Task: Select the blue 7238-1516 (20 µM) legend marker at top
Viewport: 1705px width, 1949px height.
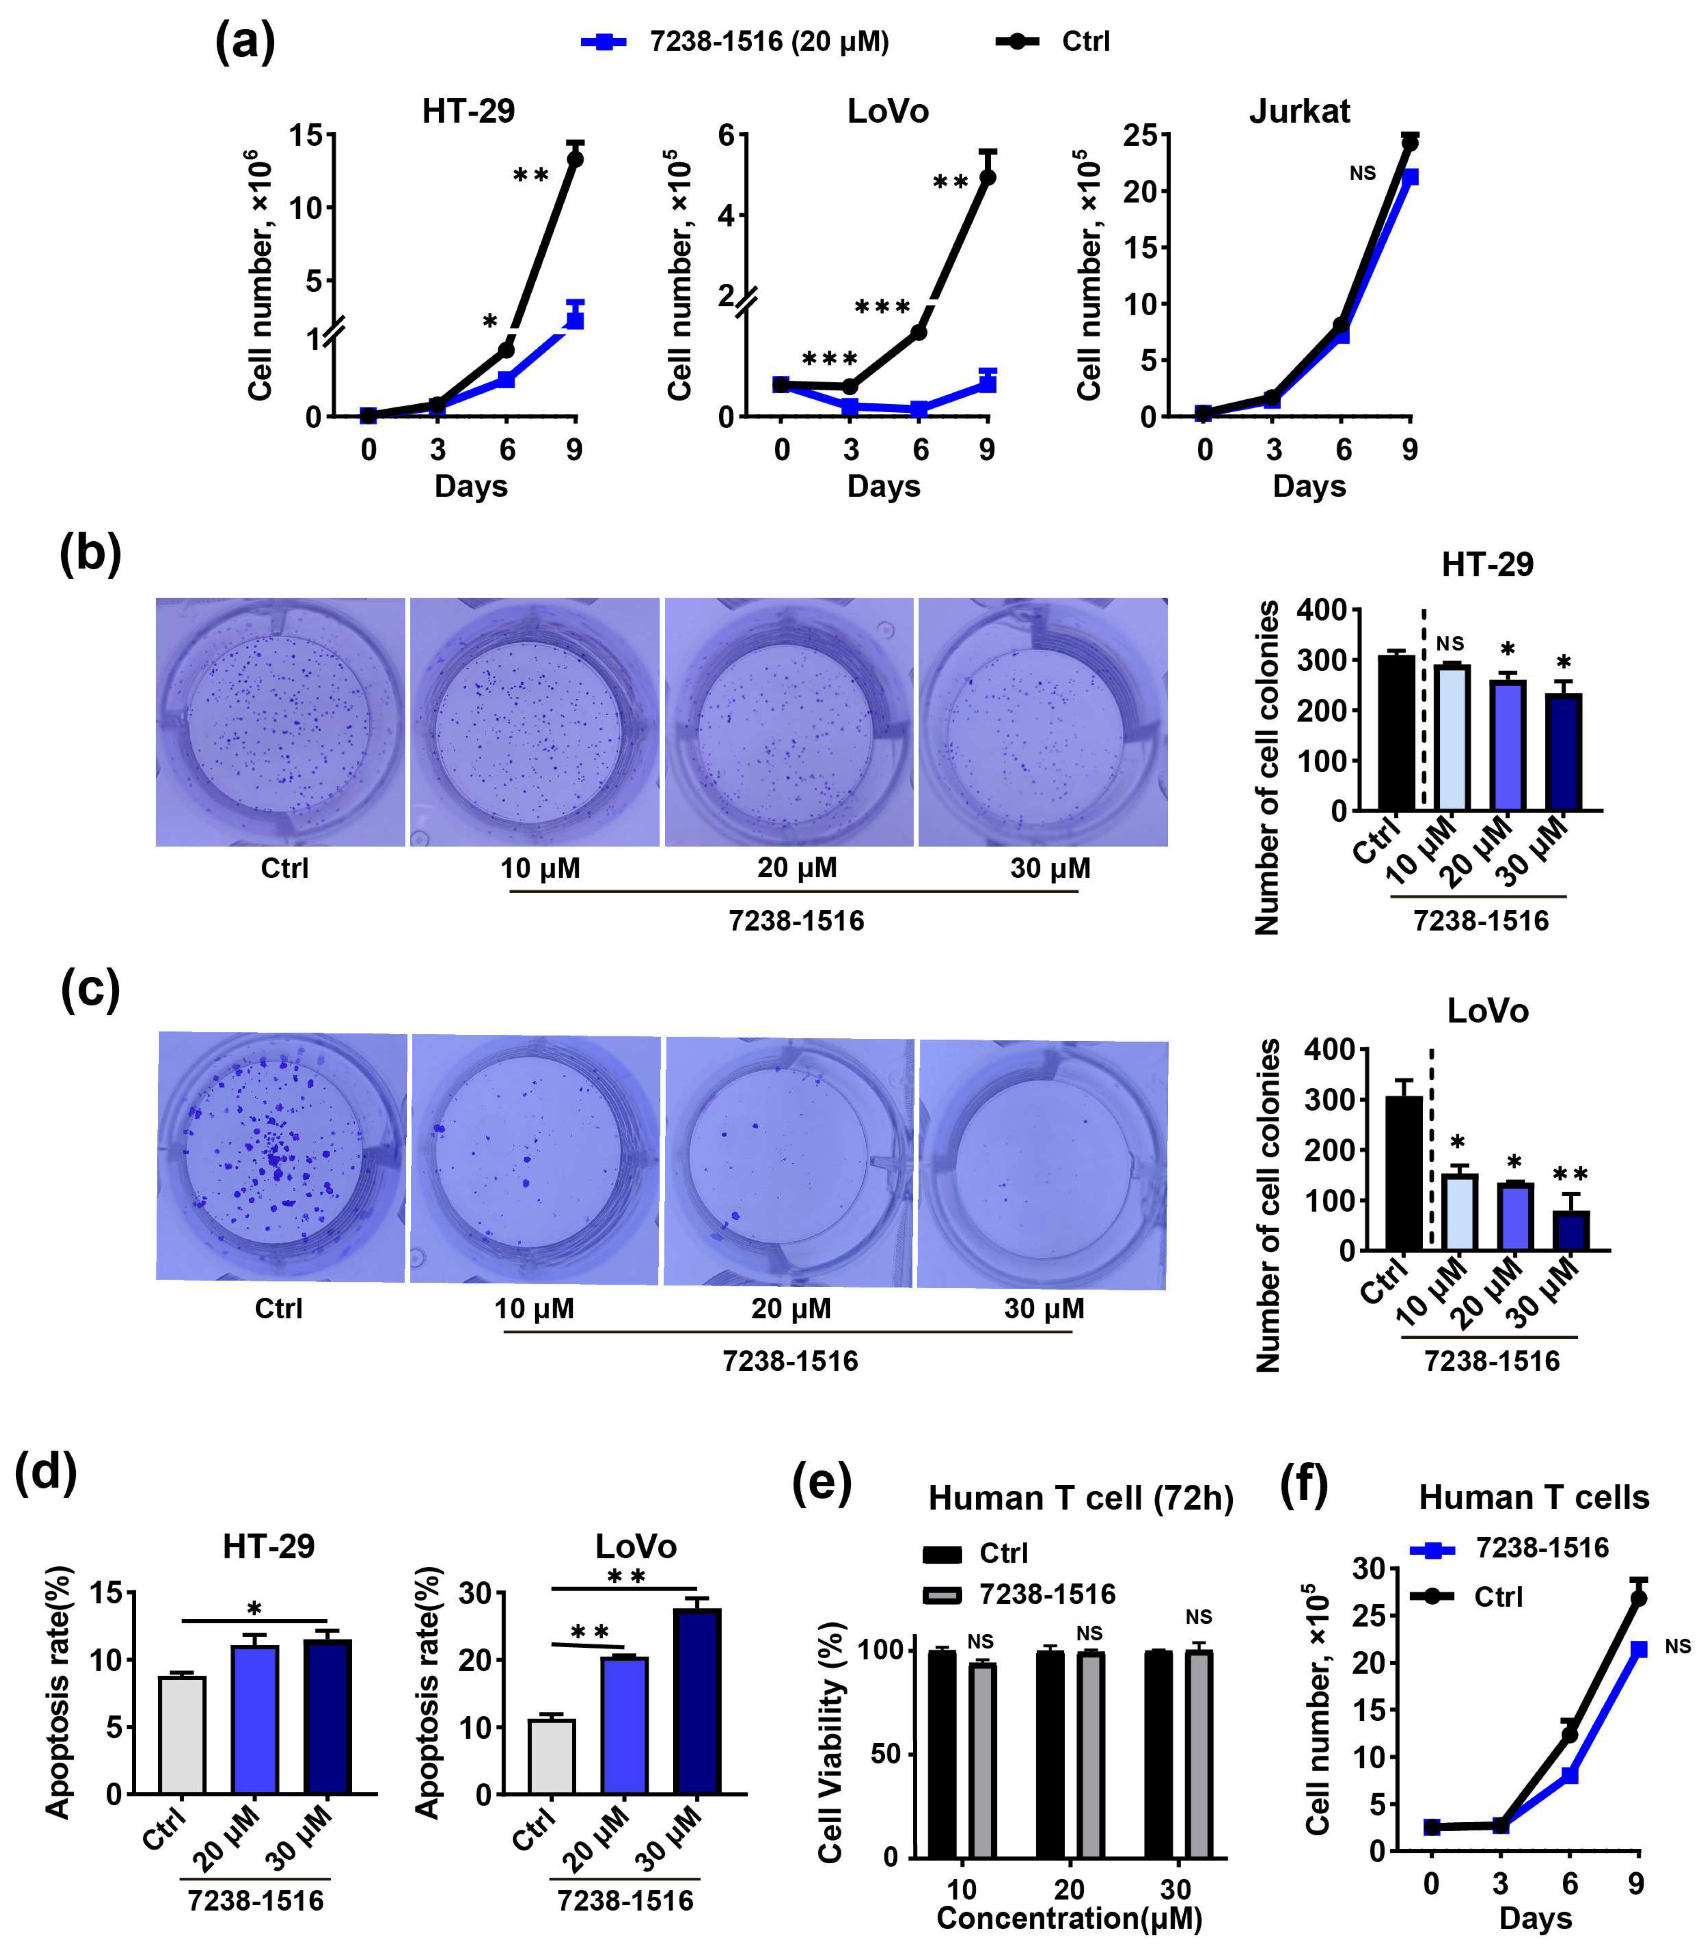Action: pos(603,42)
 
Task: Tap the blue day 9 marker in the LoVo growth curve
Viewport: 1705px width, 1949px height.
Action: pos(988,383)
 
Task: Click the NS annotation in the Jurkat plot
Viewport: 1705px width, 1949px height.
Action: pos(1362,173)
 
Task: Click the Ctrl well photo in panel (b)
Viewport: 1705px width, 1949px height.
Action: pos(280,722)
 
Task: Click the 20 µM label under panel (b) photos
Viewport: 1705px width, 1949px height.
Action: pos(796,868)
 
